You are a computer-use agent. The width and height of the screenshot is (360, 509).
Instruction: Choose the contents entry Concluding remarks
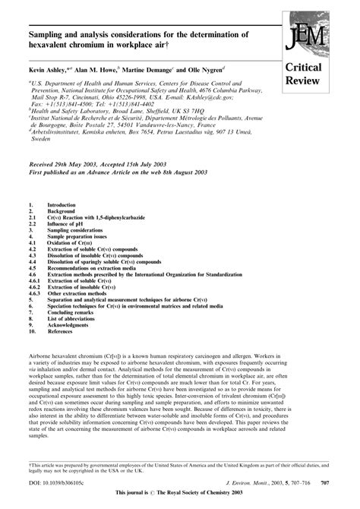pos(74,313)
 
